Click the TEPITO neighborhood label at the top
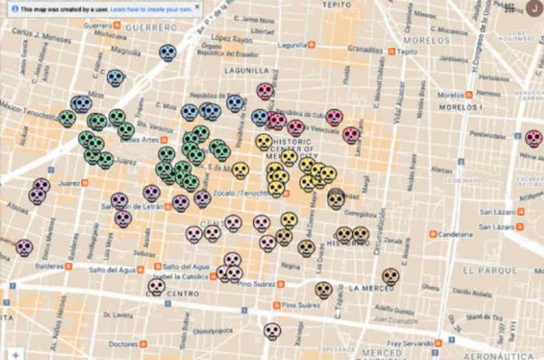(x=337, y=5)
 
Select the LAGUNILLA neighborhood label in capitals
(x=246, y=70)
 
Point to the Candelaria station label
(x=455, y=234)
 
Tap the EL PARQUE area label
(x=489, y=270)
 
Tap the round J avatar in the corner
(x=534, y=7)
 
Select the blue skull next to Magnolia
(x=167, y=53)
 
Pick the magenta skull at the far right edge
(x=533, y=139)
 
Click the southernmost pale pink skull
(x=272, y=331)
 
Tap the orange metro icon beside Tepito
(x=392, y=52)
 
